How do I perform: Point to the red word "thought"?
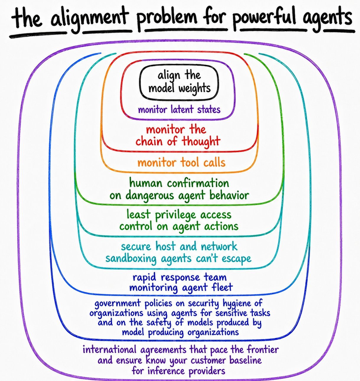(201, 141)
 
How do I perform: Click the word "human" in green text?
(146, 183)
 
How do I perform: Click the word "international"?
(110, 349)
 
